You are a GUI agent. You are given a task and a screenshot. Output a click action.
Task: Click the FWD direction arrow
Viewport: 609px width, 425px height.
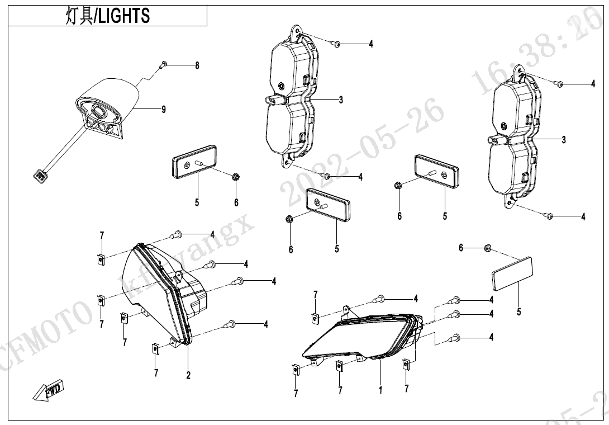point(49,390)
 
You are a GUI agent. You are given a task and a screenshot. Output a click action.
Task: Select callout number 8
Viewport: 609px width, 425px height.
point(197,65)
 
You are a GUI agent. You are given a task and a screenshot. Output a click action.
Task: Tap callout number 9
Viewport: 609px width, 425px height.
point(163,110)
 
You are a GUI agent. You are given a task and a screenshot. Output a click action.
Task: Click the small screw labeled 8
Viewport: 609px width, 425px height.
point(164,65)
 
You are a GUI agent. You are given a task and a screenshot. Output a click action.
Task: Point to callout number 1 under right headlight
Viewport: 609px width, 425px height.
point(380,390)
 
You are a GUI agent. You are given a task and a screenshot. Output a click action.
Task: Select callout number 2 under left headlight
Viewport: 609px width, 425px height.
point(188,375)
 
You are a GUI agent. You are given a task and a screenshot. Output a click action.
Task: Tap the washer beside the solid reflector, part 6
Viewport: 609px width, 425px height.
point(487,247)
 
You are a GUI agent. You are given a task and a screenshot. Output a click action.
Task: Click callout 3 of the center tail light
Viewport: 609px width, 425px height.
point(340,100)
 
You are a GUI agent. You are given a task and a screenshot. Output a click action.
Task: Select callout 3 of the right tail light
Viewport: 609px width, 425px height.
point(563,140)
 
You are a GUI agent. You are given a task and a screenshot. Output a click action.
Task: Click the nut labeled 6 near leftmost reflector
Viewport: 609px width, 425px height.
point(236,178)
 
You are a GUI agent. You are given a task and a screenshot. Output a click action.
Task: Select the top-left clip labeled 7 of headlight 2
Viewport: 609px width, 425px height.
point(102,258)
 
